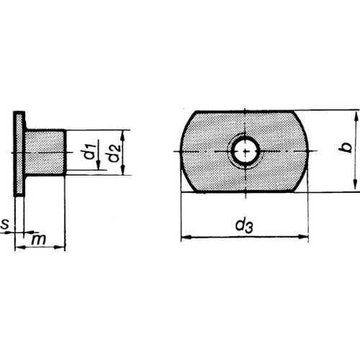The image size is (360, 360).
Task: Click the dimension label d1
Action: (x=90, y=153)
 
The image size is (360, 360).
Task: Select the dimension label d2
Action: (x=114, y=153)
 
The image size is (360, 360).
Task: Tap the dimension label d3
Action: (x=244, y=225)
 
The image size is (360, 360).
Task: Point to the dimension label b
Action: (x=345, y=148)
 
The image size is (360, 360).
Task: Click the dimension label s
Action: (x=4, y=224)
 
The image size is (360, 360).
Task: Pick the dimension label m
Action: (x=38, y=239)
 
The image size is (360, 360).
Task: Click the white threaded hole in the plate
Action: (x=246, y=152)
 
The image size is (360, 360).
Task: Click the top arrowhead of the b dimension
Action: (x=355, y=117)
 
